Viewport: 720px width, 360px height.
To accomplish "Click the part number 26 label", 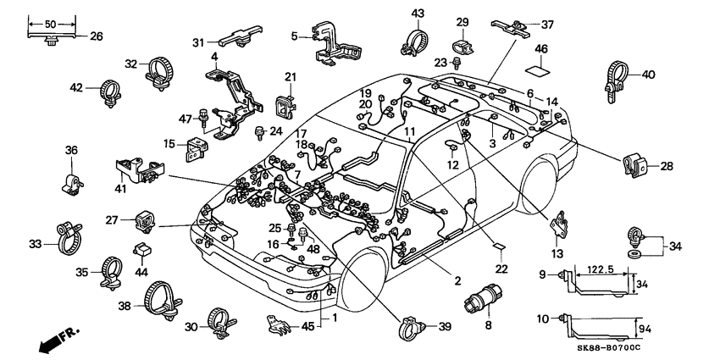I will click(x=96, y=36).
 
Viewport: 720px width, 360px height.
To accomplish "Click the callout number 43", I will click(x=418, y=14).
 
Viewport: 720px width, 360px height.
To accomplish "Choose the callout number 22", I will click(x=501, y=269).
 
